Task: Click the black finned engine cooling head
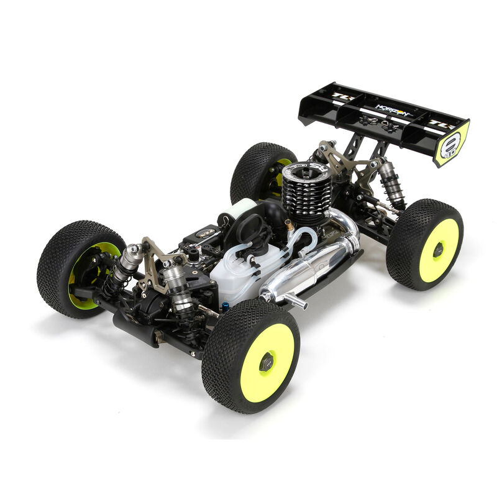click(307, 186)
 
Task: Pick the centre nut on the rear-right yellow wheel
click(439, 250)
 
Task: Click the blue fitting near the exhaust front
click(226, 306)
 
